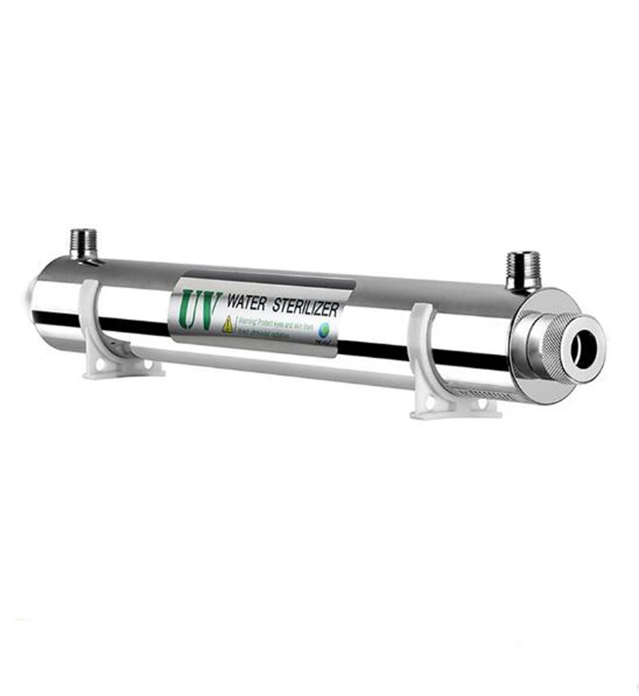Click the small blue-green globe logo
326,329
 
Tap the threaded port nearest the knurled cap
523,270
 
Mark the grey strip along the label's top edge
268,282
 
